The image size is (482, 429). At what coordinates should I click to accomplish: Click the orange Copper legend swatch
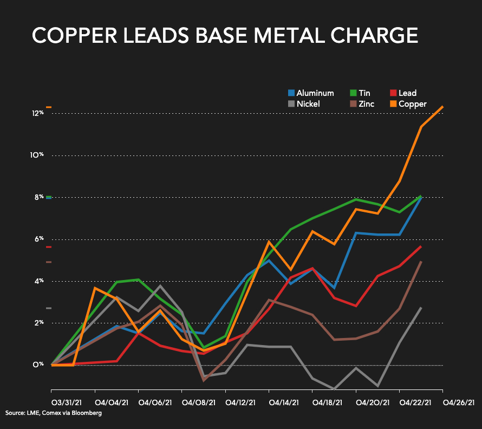click(x=394, y=104)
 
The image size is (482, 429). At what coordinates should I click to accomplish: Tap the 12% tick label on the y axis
click(x=37, y=113)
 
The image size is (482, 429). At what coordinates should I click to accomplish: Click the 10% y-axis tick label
click(x=37, y=155)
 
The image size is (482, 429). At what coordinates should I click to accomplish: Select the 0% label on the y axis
click(x=38, y=365)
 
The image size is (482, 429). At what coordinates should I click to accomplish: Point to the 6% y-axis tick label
click(x=38, y=239)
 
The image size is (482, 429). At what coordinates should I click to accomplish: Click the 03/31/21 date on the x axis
click(x=67, y=403)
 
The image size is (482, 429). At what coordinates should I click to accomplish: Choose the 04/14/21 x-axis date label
click(x=284, y=403)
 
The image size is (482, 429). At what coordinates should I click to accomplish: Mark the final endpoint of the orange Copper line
click(x=443, y=107)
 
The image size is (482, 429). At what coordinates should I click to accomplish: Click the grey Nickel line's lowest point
click(x=335, y=389)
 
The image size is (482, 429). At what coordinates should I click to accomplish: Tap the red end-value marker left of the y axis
click(x=49, y=247)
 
